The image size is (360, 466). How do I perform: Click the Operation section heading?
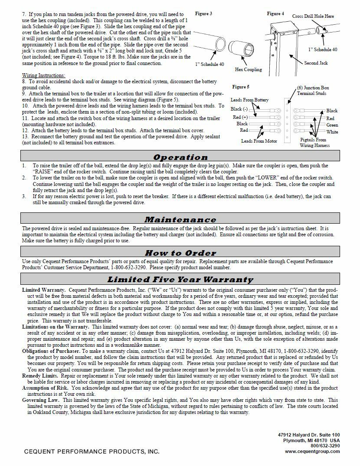pos(180,157)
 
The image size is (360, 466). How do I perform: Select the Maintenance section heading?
pos(180,220)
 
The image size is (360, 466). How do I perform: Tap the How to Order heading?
pos(180,253)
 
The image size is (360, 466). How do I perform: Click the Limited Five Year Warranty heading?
pos(180,280)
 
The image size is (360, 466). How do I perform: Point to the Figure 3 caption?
pos(203,14)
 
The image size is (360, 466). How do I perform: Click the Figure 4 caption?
pos(275,14)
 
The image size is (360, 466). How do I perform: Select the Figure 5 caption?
pos(241,87)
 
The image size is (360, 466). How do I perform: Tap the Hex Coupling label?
pos(249,69)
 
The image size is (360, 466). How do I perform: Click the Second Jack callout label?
pos(316,63)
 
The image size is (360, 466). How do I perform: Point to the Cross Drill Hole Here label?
pos(313,16)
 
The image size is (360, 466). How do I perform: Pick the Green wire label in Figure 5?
pos(332,125)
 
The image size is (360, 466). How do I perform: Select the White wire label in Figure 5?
pos(332,132)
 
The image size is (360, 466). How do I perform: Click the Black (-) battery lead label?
pos(239,109)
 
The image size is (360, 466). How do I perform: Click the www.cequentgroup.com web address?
pos(312,451)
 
